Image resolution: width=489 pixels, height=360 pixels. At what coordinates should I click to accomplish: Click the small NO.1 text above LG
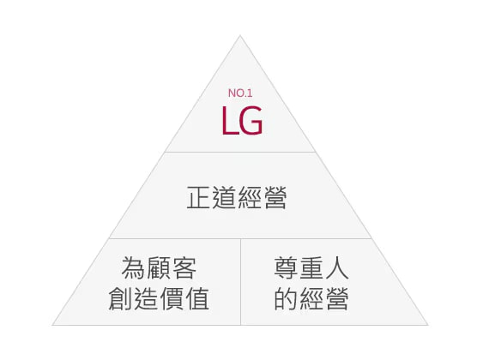tap(240, 93)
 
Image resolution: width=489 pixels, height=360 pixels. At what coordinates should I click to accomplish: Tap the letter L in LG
tap(230, 120)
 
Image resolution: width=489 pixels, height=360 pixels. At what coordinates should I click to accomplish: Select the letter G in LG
tap(251, 120)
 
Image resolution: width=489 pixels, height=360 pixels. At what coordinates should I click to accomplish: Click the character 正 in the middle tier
tap(199, 197)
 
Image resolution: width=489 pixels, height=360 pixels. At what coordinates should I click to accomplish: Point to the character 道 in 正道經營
tap(224, 197)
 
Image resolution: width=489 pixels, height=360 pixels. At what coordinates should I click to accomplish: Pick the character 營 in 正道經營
tap(275, 197)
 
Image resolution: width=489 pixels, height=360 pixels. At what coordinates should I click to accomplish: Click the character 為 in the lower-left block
tap(134, 268)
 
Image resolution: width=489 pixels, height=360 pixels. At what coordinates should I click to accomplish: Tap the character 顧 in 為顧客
tap(159, 268)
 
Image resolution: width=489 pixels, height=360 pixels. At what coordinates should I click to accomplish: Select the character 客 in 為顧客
tap(184, 268)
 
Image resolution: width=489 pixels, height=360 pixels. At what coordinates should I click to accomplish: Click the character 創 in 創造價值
tap(121, 298)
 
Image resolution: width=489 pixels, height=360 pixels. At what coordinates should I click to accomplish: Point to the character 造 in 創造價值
tap(146, 298)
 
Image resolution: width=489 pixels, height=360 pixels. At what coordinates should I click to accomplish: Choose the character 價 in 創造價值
tap(172, 298)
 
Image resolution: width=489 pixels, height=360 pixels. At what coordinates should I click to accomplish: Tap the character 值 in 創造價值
tap(197, 298)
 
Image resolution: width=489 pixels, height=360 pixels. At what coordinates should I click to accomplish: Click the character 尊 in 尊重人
tap(286, 268)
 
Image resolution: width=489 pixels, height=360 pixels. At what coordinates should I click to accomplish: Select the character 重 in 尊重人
tap(311, 268)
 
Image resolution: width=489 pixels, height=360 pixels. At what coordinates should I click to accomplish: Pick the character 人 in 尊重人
tap(337, 268)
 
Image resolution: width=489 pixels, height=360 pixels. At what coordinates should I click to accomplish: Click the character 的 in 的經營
tap(286, 298)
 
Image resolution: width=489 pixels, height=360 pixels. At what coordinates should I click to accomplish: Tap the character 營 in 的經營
tap(337, 298)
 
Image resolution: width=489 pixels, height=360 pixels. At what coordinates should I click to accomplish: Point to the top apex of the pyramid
tap(240, 36)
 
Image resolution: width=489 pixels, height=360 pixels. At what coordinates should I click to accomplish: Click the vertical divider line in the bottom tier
tap(241, 282)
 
